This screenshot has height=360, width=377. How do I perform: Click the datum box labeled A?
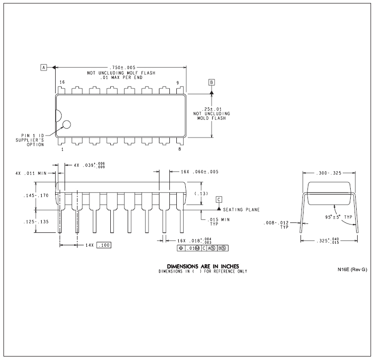(x=44, y=68)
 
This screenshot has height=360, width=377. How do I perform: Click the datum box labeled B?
(x=212, y=82)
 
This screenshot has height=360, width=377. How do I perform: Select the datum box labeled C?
(x=219, y=200)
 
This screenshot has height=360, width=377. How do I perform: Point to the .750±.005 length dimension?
(x=122, y=68)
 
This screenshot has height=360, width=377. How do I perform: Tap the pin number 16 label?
(x=62, y=82)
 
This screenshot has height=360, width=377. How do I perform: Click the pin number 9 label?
(x=178, y=82)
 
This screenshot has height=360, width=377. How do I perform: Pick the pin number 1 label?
(x=63, y=149)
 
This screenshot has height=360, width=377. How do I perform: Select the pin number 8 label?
(x=180, y=149)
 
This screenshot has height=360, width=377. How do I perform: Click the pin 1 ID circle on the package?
(x=67, y=125)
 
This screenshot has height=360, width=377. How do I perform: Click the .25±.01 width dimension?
(x=212, y=109)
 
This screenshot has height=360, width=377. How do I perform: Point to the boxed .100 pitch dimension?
(x=104, y=245)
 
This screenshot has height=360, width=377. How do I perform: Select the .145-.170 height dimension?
(x=36, y=196)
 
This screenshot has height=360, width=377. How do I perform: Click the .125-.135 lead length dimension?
(x=36, y=222)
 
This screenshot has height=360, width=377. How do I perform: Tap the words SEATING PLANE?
(x=241, y=210)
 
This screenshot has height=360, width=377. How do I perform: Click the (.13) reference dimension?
(x=201, y=194)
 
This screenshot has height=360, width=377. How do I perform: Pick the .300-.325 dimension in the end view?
(x=329, y=173)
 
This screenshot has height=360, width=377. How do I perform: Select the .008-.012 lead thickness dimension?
(x=276, y=223)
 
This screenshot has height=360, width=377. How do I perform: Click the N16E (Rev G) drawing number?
(x=352, y=270)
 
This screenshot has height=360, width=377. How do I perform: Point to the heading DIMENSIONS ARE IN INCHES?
(x=203, y=266)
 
